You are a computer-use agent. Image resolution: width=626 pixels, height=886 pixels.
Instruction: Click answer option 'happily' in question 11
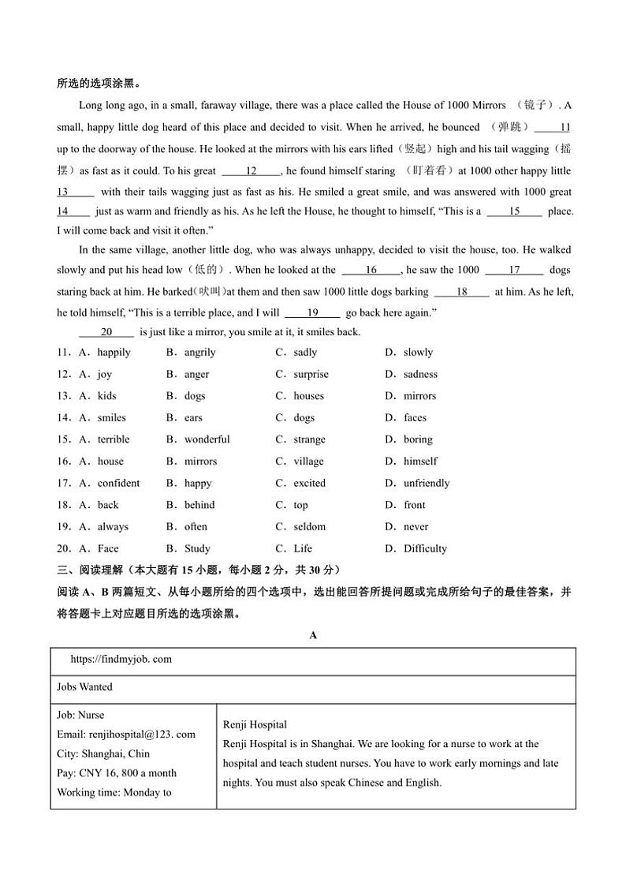coord(114,353)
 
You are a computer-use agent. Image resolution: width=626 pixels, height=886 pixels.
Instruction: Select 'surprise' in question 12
coord(311,375)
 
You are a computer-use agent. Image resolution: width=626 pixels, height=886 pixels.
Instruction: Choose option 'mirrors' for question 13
coord(419,396)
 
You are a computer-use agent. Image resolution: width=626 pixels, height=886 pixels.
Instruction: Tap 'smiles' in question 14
coord(112,418)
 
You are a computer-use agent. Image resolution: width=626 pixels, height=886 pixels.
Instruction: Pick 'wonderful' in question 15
coord(207,439)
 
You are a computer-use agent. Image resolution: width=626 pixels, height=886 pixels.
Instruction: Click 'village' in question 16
coord(308,462)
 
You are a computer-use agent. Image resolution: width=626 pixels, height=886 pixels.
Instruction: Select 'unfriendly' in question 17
coord(427,483)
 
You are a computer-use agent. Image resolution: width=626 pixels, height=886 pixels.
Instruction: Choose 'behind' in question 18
coord(199,505)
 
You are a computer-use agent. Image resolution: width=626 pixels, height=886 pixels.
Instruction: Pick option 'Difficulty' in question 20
coord(425,548)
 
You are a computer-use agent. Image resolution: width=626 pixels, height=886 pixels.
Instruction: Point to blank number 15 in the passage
coord(514,211)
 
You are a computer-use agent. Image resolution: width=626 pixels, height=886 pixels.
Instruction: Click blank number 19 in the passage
coord(312,312)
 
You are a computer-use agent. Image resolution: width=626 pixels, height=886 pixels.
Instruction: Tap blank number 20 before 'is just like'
coord(107,332)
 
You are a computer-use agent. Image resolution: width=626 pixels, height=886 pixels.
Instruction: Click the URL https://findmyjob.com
coord(121,660)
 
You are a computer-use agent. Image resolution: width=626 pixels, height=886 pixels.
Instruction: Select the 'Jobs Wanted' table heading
coord(84,687)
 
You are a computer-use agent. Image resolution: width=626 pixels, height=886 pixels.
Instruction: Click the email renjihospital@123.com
coord(126,735)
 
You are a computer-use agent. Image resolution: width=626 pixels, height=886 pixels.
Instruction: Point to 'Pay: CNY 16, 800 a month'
coord(117,773)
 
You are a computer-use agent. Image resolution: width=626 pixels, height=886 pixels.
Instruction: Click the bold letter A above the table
coord(313,635)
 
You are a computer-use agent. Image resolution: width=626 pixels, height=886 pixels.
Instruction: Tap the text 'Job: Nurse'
coord(80,716)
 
